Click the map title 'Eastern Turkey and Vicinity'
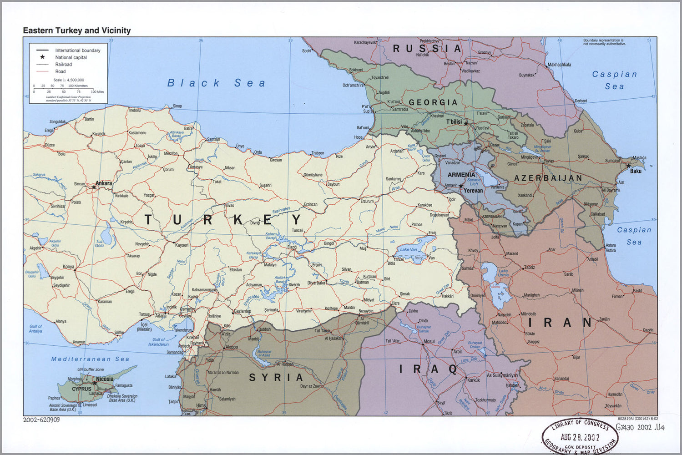(77, 30)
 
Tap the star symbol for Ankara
(94, 187)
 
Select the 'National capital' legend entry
(71, 57)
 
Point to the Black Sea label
(216, 83)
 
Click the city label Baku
(636, 171)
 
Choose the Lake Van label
(408, 249)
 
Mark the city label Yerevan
(473, 191)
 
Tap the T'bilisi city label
(454, 121)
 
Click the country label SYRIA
(276, 377)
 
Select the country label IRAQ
(429, 369)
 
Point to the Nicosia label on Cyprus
(105, 379)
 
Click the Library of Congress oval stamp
(580, 436)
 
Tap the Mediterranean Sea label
(90, 359)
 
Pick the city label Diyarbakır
(317, 283)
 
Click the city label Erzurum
(367, 201)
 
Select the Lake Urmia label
(503, 273)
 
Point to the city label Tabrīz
(529, 268)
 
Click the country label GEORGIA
(433, 102)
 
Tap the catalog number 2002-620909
(41, 420)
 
